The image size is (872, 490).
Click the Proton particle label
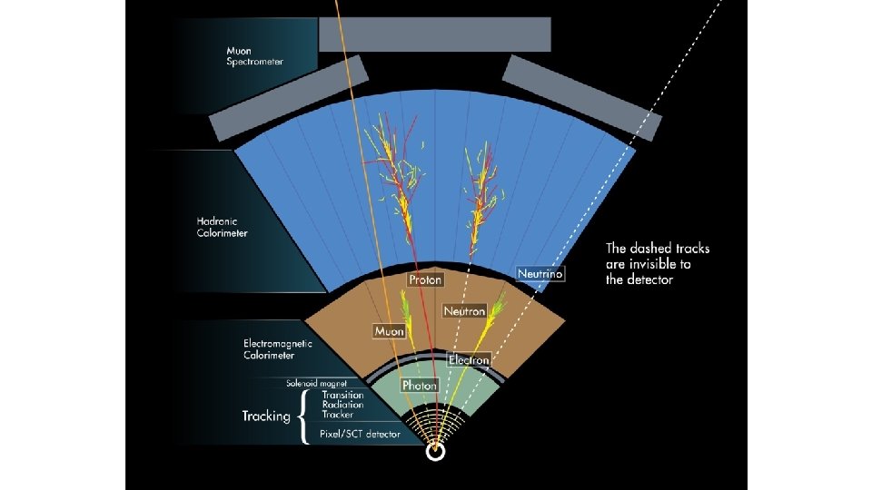425,279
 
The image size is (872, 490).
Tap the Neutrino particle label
540,273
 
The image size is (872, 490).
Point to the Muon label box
389,331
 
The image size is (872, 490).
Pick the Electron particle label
469,360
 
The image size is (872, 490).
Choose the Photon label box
419,386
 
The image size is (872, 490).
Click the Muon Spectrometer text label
254,56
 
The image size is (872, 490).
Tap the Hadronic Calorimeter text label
222,227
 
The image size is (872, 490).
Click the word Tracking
265,416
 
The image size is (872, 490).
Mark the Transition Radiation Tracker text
342,405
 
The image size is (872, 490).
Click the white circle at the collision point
436,451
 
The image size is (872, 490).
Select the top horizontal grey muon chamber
434,34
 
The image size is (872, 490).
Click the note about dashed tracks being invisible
658,263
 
